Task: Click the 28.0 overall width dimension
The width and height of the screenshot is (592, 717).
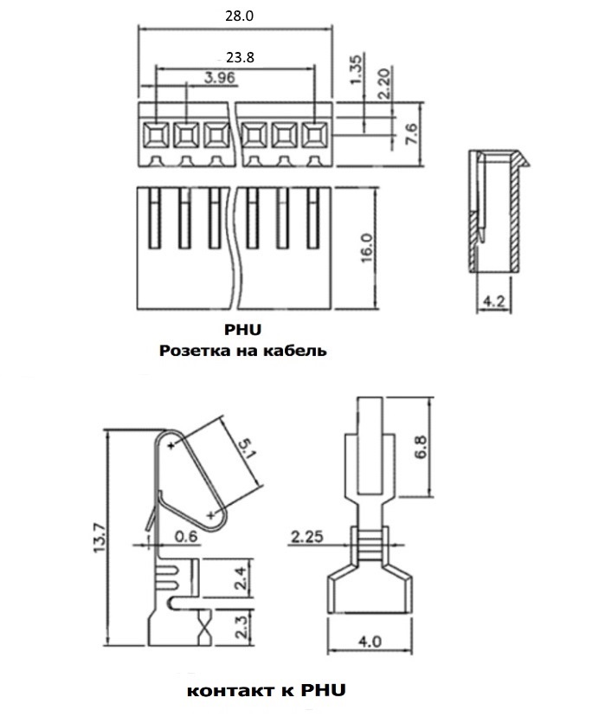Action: point(239,16)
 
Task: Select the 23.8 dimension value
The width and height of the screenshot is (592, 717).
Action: point(240,58)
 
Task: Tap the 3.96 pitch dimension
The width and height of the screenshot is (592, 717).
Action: point(220,77)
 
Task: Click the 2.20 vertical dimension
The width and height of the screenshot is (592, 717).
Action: point(385,83)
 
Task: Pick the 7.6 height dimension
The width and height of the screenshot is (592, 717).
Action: point(411,134)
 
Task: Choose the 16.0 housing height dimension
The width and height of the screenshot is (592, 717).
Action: point(367,248)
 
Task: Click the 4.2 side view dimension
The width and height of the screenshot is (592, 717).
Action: point(493,301)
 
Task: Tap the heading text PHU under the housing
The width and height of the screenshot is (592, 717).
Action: point(242,330)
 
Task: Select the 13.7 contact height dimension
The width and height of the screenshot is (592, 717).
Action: point(100,539)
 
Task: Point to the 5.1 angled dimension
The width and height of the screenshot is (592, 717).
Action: point(247,449)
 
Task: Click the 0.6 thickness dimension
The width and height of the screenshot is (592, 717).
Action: point(186,535)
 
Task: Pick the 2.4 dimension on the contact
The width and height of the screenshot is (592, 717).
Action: point(241,578)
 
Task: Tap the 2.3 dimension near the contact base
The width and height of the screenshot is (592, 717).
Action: point(241,626)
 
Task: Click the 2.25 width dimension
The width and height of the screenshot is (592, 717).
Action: point(307,536)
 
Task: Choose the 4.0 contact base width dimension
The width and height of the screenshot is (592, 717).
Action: point(370,642)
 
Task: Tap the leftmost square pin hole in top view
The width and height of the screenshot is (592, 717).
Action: point(156,135)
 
